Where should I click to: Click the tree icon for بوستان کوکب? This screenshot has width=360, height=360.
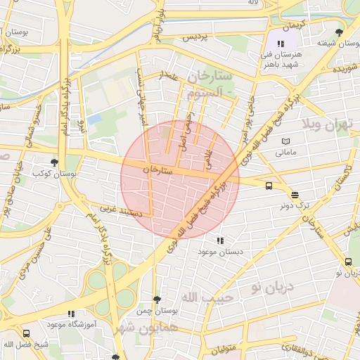(x=55, y=162)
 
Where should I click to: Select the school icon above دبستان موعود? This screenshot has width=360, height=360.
(x=221, y=240)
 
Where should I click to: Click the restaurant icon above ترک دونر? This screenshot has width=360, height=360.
(x=295, y=195)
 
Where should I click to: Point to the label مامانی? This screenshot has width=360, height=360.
(x=285, y=151)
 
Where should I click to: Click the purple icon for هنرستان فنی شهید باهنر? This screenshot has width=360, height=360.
(x=282, y=43)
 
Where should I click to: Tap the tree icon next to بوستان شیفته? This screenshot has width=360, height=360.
(x=340, y=32)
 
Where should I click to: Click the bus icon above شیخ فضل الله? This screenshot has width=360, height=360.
(x=26, y=334)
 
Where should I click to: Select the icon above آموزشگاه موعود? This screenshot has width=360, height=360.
(x=70, y=314)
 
